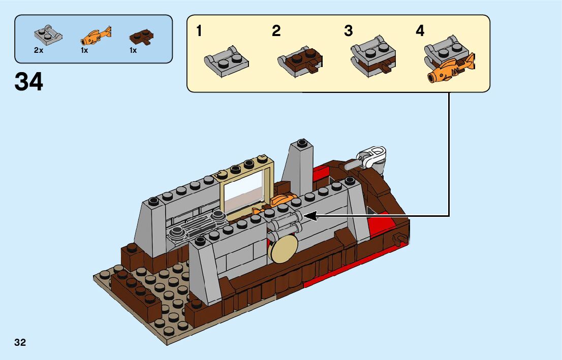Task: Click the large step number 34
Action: click(x=29, y=81)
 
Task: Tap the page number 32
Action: click(x=20, y=342)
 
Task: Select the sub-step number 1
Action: click(x=199, y=31)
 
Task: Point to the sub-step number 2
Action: click(x=276, y=31)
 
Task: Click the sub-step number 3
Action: click(x=348, y=31)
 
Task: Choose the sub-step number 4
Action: click(x=420, y=31)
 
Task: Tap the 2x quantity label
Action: click(x=39, y=51)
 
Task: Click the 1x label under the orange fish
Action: click(x=84, y=51)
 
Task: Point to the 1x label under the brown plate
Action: click(x=133, y=51)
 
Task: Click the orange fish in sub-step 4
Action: click(x=450, y=69)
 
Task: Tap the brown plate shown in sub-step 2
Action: click(x=300, y=61)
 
